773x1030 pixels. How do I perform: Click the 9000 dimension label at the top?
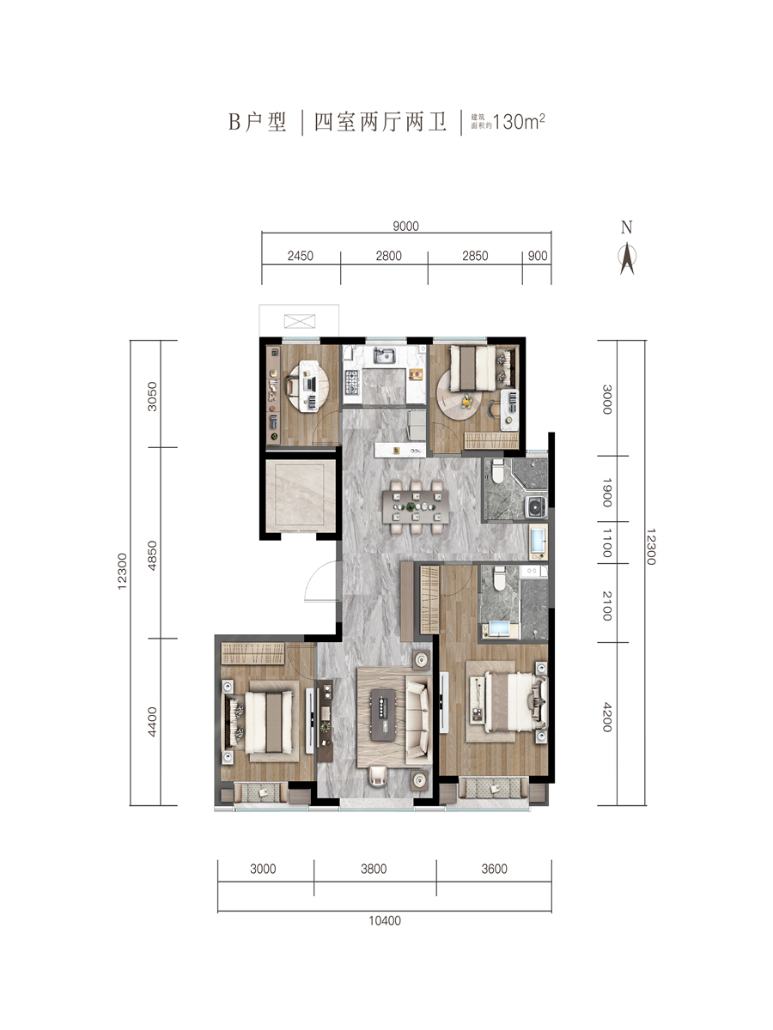coord(405,227)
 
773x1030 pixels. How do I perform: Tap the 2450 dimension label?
coord(300,256)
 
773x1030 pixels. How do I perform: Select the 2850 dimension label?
coord(475,256)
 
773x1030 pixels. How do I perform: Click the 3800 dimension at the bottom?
coord(374,869)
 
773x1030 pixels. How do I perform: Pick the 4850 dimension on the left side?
coord(152,555)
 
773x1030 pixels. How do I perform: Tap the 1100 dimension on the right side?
coord(607,543)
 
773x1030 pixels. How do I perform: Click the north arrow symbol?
coord(627,258)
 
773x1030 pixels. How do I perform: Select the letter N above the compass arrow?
coord(627,227)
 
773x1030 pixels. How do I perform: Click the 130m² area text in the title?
coord(519,122)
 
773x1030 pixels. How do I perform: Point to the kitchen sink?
coord(385,355)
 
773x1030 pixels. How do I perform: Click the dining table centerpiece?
coord(411,506)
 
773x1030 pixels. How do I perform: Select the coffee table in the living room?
coord(383,715)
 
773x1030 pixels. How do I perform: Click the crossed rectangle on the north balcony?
coord(300,321)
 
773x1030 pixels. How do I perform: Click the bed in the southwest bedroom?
coord(269,723)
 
